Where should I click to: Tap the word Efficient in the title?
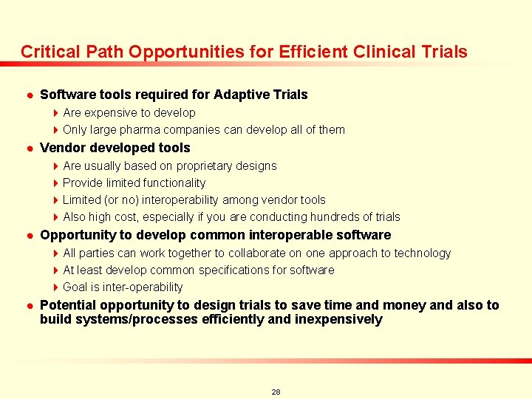click(312, 52)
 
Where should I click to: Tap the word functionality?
click(171, 183)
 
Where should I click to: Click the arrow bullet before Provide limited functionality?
click(55, 183)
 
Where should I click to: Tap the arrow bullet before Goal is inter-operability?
click(55, 287)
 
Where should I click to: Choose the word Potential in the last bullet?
click(68, 305)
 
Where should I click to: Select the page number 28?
click(276, 392)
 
